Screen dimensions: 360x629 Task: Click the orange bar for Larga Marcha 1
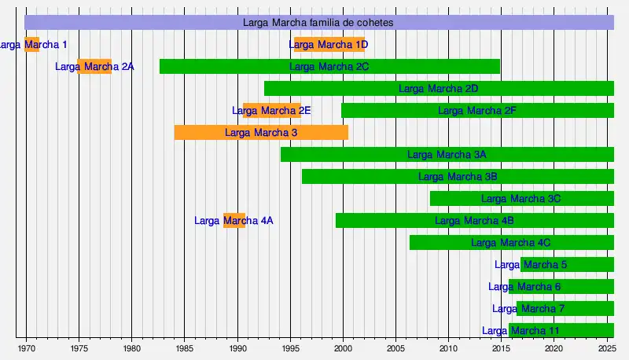click(x=31, y=45)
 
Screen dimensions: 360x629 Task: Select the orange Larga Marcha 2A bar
click(x=94, y=67)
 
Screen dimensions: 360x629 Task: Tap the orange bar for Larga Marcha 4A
click(x=234, y=221)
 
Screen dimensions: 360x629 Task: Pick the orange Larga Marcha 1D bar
click(x=329, y=45)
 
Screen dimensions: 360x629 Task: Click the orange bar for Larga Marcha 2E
click(x=271, y=111)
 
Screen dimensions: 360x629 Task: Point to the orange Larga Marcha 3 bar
click(x=261, y=133)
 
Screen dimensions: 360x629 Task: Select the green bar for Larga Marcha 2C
click(x=329, y=67)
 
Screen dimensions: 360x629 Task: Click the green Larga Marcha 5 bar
click(x=567, y=265)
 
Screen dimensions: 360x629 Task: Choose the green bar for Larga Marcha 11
click(x=561, y=331)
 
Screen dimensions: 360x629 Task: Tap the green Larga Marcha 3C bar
click(x=521, y=199)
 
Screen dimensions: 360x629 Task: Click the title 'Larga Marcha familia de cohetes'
click(x=318, y=23)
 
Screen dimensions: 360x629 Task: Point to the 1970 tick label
click(x=26, y=347)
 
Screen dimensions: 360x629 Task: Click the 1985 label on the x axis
click(x=184, y=347)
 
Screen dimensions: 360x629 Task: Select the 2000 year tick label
click(x=343, y=347)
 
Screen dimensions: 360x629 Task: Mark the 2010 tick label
click(x=448, y=347)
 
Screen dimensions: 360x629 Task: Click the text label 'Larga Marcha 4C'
click(x=511, y=243)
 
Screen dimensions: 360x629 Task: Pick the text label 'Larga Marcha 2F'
click(x=477, y=111)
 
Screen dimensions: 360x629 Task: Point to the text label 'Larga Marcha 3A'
click(x=447, y=155)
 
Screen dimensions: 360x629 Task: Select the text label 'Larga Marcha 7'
click(x=528, y=309)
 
